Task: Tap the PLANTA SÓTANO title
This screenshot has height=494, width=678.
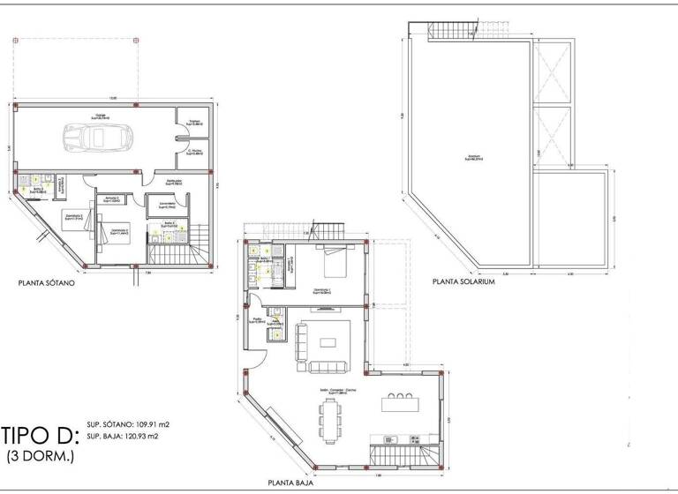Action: pyautogui.click(x=47, y=284)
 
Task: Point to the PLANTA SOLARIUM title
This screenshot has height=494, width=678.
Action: pyautogui.click(x=462, y=283)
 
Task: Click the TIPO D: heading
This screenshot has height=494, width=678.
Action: pyautogui.click(x=41, y=436)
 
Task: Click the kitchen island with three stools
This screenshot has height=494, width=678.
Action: pyautogui.click(x=398, y=404)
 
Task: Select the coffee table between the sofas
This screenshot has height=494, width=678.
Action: pyautogui.click(x=332, y=341)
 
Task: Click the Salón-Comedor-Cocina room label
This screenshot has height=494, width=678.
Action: pyautogui.click(x=334, y=391)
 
